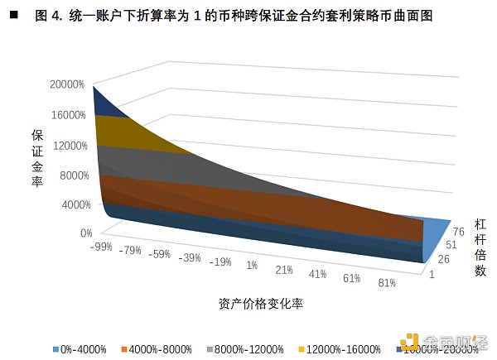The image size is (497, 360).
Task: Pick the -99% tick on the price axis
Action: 103,247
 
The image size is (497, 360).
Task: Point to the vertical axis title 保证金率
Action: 37,158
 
